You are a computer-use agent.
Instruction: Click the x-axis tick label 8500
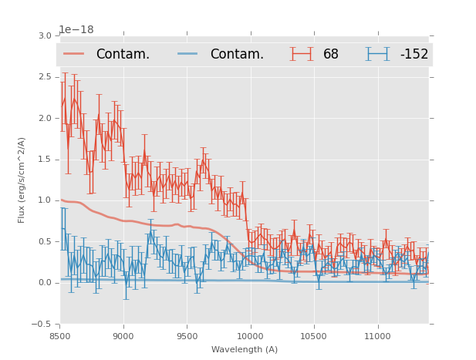60,336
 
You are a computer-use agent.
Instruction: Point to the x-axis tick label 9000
123,336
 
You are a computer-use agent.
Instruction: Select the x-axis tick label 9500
187,336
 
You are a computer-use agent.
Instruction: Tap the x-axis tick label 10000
250,336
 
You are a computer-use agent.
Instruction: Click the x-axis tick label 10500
314,336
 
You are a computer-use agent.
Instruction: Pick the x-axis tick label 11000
377,336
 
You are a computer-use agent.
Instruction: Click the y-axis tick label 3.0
45,35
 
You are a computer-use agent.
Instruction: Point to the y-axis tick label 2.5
45,77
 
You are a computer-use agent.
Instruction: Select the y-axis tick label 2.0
45,118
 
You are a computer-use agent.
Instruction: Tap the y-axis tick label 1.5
45,160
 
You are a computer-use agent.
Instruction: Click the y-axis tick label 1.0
45,200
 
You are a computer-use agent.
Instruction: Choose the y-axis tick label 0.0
45,283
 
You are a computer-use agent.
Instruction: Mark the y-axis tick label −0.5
42,325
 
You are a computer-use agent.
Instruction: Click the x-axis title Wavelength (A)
245,349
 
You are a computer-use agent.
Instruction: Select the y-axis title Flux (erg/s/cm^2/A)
22,180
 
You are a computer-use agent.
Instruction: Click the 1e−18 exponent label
76,29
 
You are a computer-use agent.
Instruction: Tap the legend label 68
331,55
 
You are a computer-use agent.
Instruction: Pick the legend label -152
414,55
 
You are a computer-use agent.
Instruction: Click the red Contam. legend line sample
75,54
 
